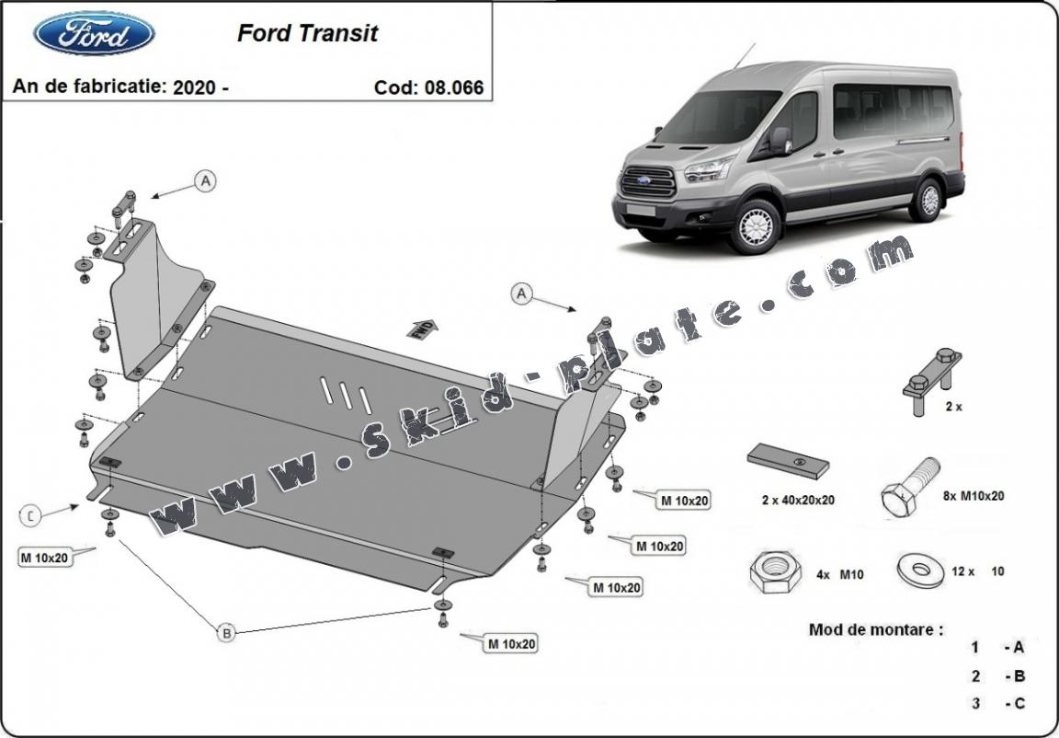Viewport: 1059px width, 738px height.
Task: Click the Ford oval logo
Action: click(x=94, y=33)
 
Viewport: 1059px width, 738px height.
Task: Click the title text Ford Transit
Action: click(x=307, y=34)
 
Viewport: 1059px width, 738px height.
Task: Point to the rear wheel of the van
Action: click(x=926, y=200)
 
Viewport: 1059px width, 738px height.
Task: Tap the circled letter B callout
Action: click(x=225, y=632)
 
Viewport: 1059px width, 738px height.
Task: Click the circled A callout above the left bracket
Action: click(x=204, y=182)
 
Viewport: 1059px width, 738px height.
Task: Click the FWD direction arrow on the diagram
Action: click(x=425, y=329)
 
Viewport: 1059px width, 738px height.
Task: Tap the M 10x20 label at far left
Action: click(x=44, y=557)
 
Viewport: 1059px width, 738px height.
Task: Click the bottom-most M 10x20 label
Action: click(x=511, y=644)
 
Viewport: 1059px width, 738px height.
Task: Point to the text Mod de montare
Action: click(x=875, y=630)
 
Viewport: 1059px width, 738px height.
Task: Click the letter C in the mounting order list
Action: click(x=1018, y=704)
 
